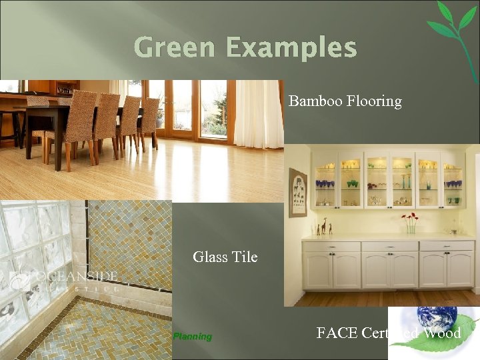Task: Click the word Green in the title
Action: pyautogui.click(x=175, y=48)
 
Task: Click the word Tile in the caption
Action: pyautogui.click(x=244, y=257)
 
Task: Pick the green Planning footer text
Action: pyautogui.click(x=192, y=337)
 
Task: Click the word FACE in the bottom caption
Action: pyautogui.click(x=337, y=333)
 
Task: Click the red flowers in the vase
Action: pyautogui.click(x=409, y=218)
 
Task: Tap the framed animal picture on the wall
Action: pyautogui.click(x=298, y=193)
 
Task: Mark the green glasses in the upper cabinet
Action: pyautogui.click(x=352, y=183)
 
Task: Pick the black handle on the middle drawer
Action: pyautogui.click(x=390, y=246)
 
